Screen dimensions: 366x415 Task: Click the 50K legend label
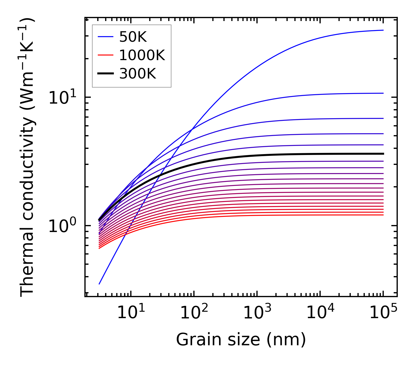pos(133,37)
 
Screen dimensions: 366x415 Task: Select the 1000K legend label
pos(142,55)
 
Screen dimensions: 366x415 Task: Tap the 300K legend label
pos(138,74)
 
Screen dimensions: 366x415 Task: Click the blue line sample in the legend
pos(105,37)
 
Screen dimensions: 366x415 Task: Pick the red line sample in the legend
pos(105,55)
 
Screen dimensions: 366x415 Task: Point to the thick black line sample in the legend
pos(105,74)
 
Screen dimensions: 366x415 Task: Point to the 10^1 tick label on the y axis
pos(62,98)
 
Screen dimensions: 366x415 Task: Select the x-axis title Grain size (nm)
pos(241,340)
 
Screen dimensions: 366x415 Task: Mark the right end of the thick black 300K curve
pos(383,154)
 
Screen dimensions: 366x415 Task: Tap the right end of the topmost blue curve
pos(383,30)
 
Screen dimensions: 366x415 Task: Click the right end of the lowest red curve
pos(383,215)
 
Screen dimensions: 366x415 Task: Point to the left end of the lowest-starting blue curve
pos(99,284)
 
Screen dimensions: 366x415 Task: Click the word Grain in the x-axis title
pos(194,340)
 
